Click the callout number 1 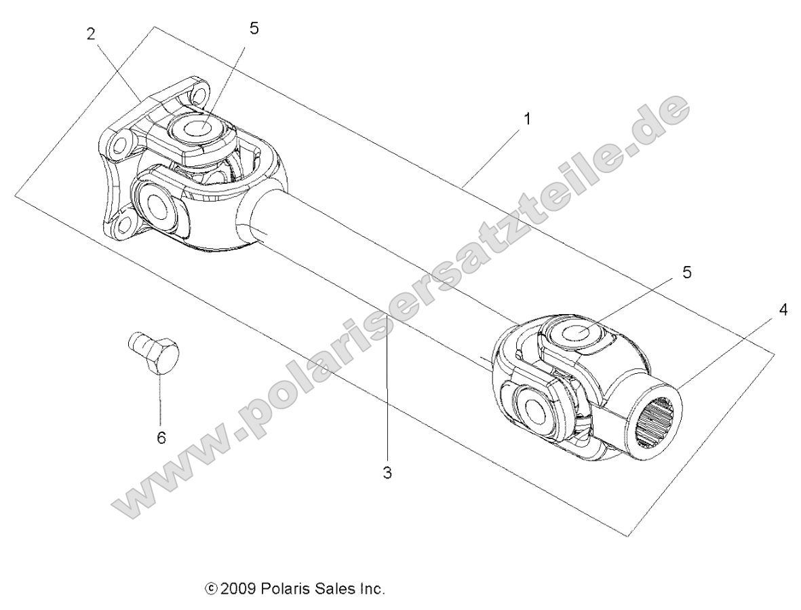pyautogui.click(x=527, y=119)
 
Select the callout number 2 pyautogui.click(x=91, y=35)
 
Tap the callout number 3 pyautogui.click(x=387, y=472)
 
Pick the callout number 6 pyautogui.click(x=161, y=438)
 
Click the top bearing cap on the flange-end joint pyautogui.click(x=198, y=128)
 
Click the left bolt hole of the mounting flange pyautogui.click(x=121, y=145)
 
